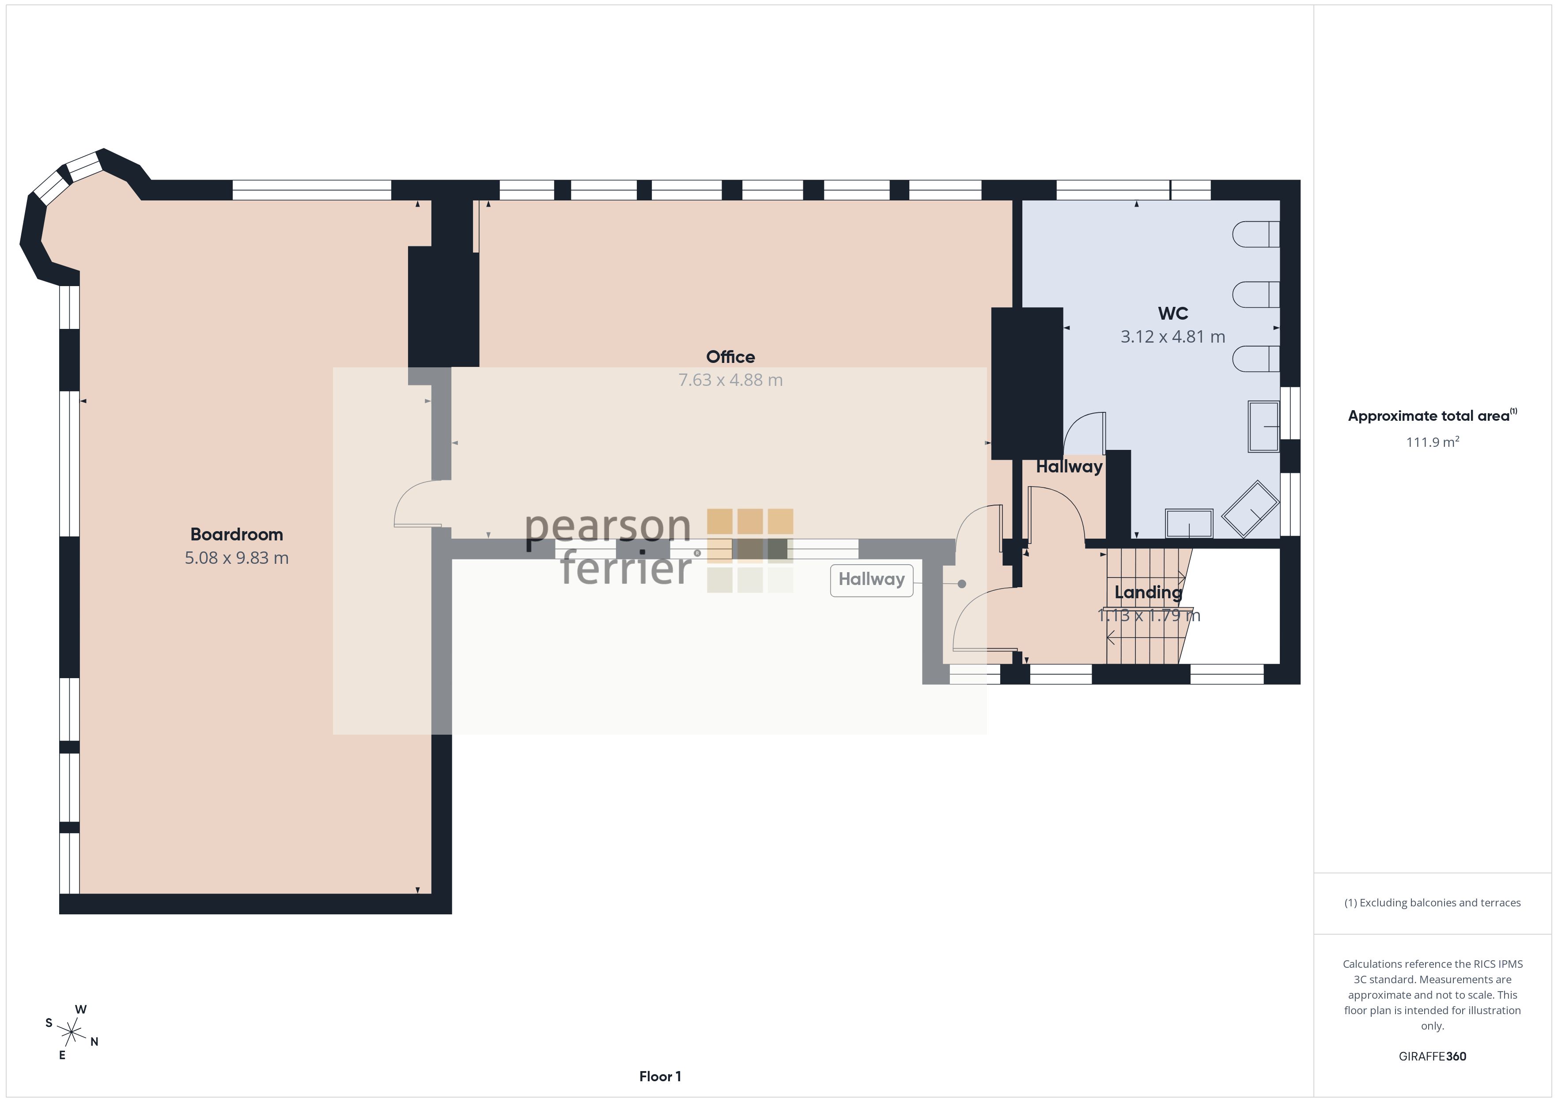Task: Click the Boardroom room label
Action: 236,535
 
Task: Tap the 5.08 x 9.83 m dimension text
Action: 236,558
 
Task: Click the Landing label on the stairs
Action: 1148,593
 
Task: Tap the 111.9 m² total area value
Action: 1433,442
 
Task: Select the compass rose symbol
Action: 71,1033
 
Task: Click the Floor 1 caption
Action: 660,1076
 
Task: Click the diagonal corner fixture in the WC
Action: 1250,509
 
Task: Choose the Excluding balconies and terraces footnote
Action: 1433,902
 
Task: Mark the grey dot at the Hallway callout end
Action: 961,584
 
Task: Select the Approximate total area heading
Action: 1433,416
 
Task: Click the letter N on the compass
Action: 95,1042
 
